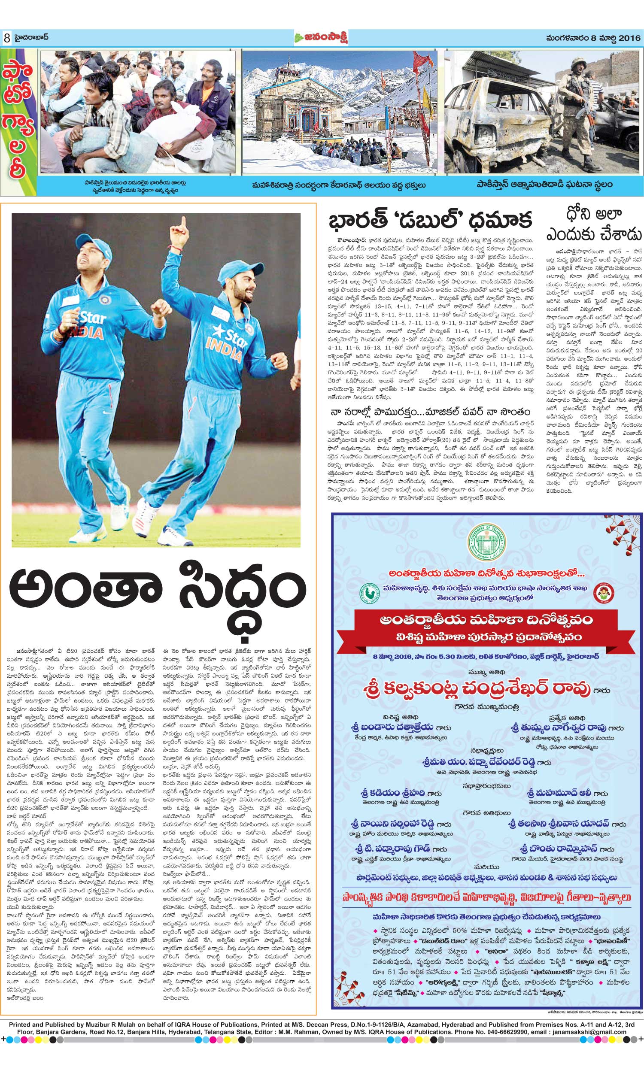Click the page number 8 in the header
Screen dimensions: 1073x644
pos(7,38)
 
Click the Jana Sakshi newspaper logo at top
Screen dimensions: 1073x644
pos(321,38)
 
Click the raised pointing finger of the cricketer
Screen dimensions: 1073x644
pos(184,225)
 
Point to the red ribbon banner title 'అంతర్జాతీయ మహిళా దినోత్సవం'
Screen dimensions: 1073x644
pos(486,619)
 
